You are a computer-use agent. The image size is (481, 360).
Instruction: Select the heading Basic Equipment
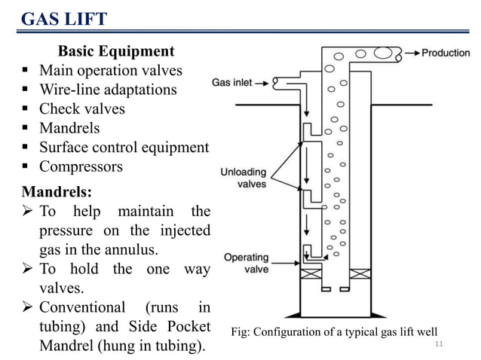point(116,52)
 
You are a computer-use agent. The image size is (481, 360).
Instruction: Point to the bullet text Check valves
point(82,108)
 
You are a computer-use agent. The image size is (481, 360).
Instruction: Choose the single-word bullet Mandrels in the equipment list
point(69,128)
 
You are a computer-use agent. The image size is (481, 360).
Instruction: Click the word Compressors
point(81,166)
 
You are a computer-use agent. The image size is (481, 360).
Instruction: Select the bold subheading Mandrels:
point(48,190)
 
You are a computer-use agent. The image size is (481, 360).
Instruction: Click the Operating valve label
point(247,263)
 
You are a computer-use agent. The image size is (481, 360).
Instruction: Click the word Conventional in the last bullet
point(82,307)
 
